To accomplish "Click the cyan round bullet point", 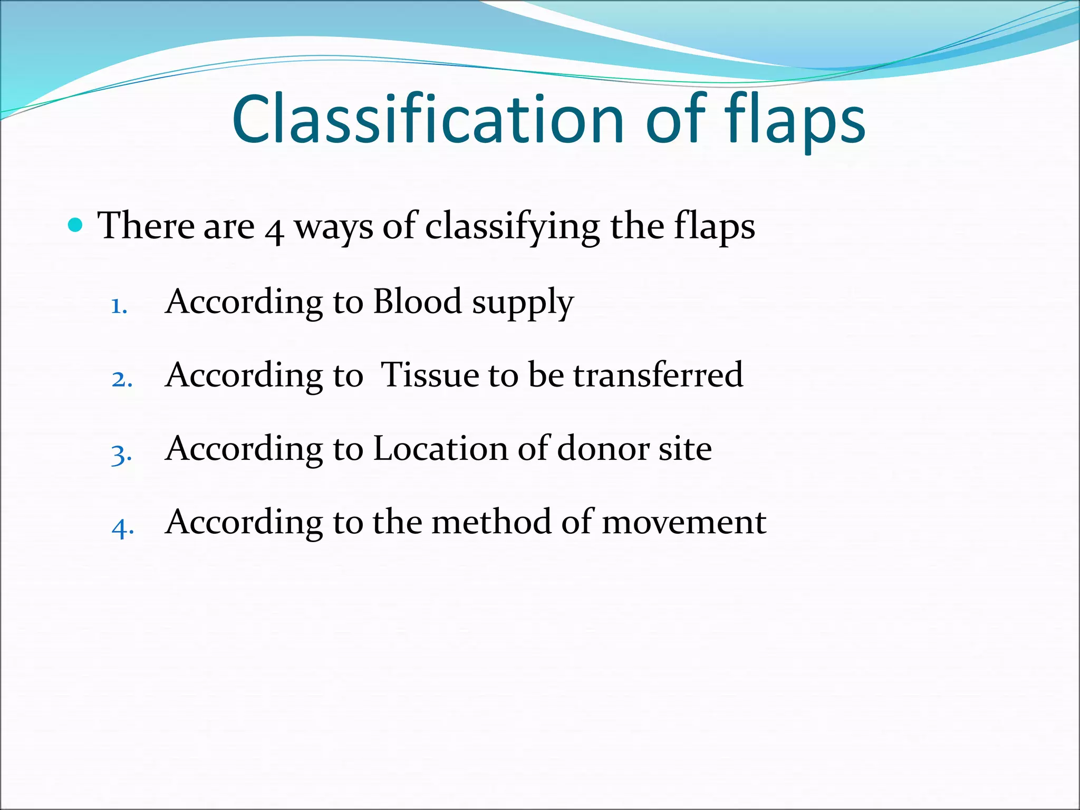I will [76, 226].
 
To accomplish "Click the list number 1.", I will [119, 306].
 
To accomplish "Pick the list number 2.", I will [122, 379].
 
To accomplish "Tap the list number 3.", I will [121, 454].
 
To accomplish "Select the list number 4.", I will [122, 527].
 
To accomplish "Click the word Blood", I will [417, 302].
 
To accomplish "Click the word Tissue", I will [429, 375].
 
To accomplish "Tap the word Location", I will [440, 449].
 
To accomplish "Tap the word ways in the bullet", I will [333, 228].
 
